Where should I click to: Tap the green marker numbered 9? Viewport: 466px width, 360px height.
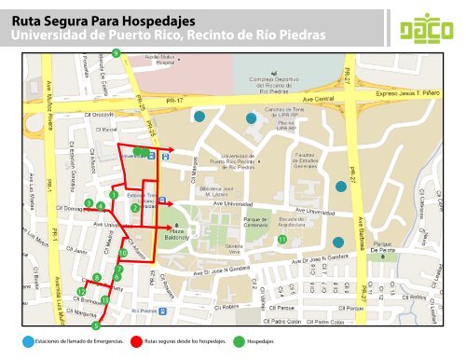[116, 53]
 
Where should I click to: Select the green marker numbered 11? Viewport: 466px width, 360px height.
[281, 240]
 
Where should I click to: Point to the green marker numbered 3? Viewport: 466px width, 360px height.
[88, 202]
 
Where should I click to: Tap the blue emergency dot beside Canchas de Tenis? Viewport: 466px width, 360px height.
[250, 119]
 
